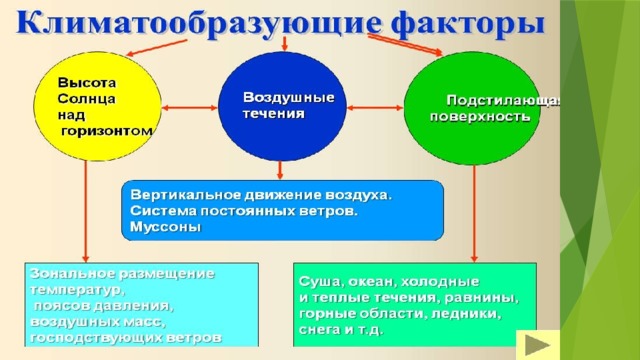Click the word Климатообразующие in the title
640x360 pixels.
click(x=198, y=23)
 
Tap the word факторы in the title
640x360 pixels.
click(x=467, y=23)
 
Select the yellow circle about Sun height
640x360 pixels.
click(x=98, y=106)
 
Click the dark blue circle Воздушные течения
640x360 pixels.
click(x=282, y=106)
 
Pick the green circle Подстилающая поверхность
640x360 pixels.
click(x=472, y=108)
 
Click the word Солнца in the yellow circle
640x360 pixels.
click(x=87, y=99)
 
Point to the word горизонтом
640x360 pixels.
click(x=107, y=131)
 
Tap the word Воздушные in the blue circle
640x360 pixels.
click(x=289, y=98)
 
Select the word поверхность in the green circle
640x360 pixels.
click(x=480, y=117)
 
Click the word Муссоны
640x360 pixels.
click(x=165, y=227)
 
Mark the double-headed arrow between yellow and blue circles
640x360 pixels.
click(x=190, y=108)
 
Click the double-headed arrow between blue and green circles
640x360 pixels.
click(x=375, y=108)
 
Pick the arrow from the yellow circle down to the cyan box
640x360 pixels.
click(x=85, y=211)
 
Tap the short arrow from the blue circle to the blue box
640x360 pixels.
click(x=280, y=170)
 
